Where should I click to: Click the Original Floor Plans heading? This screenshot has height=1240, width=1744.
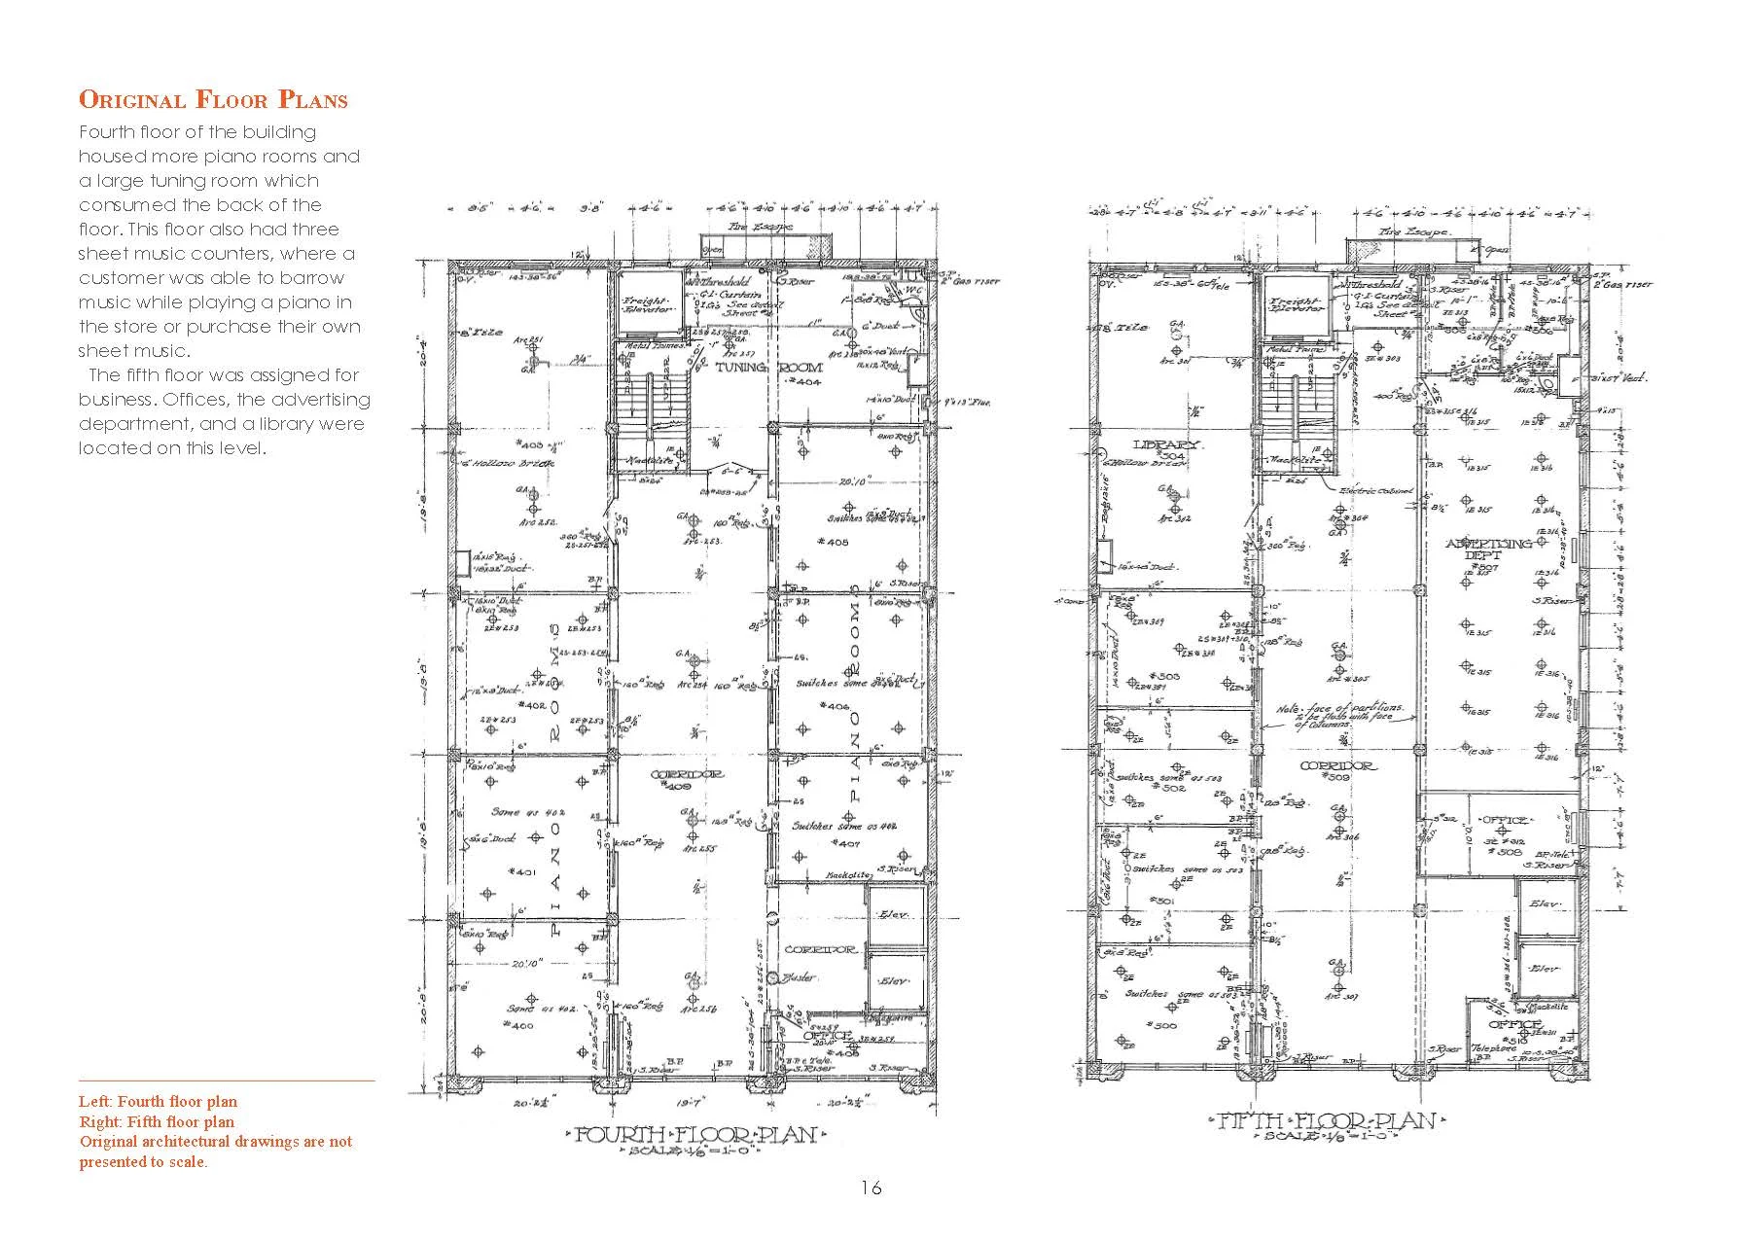pyautogui.click(x=212, y=99)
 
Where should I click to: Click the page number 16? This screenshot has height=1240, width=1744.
pyautogui.click(x=871, y=1187)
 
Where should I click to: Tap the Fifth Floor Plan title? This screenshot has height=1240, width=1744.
pyautogui.click(x=1327, y=1121)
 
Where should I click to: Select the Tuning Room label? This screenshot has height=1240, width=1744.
pyautogui.click(x=768, y=369)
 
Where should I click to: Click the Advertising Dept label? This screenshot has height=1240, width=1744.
pyautogui.click(x=1488, y=549)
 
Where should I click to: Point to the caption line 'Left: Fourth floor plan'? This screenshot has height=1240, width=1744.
pyautogui.click(x=158, y=1102)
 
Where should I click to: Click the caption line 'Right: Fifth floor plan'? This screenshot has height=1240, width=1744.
pyautogui.click(x=157, y=1121)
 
